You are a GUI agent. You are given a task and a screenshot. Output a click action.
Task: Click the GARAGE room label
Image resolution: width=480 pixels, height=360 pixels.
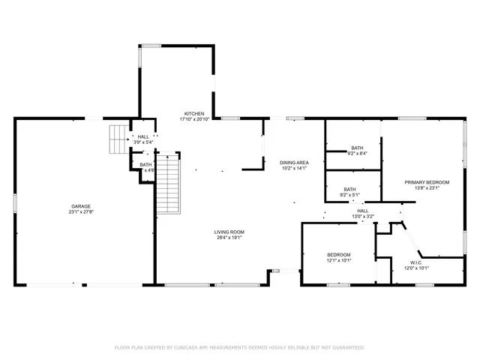[81, 206]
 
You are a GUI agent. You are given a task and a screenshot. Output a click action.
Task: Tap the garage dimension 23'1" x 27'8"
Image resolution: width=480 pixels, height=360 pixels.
[81, 213]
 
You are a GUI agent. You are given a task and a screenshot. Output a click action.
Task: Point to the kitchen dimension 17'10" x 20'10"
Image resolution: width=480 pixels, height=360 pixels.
[194, 119]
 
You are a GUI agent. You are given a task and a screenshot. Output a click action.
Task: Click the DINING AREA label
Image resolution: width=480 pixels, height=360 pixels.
[294, 162]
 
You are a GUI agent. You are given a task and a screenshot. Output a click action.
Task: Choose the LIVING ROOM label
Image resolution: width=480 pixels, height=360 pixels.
[229, 232]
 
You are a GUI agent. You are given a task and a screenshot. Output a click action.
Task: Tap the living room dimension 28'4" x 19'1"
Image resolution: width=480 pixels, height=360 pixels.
[229, 238]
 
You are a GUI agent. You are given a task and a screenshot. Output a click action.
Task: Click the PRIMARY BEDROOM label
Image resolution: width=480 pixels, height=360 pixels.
[427, 182]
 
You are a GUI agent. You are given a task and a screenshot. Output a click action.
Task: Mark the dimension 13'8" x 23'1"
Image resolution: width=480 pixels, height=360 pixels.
[427, 188]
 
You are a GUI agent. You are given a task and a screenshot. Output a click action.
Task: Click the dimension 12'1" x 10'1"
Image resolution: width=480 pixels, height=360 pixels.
[338, 261]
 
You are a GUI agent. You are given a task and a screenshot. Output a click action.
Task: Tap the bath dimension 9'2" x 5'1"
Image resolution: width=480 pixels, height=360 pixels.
[349, 195]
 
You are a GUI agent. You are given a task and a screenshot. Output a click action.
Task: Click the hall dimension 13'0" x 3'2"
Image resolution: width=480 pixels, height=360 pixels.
[362, 217]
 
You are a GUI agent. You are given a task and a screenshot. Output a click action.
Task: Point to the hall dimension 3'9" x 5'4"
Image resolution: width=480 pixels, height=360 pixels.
[143, 142]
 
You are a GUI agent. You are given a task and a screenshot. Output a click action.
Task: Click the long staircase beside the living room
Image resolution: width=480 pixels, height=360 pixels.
[169, 183]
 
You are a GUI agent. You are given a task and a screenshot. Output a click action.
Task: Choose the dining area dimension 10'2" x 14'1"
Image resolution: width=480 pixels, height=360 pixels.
[294, 168]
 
